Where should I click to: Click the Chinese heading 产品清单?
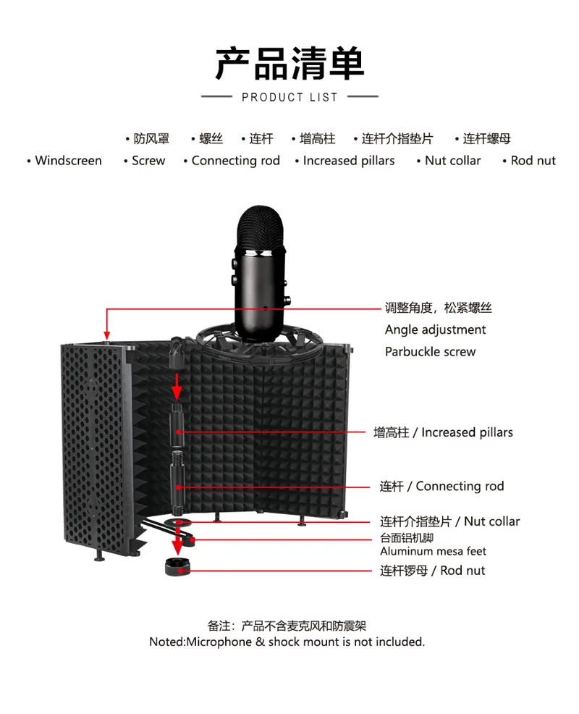[289, 64]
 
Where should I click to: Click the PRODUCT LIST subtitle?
[289, 97]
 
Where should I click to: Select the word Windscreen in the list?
[68, 161]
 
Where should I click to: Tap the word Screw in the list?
[148, 161]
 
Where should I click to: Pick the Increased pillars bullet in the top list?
[349, 161]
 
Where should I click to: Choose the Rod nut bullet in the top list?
[533, 161]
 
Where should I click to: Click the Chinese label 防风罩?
[151, 139]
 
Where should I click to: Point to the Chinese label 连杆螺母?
[486, 139]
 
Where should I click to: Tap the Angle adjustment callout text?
[435, 330]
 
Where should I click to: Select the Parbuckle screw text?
[430, 352]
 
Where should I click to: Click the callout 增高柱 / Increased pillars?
[443, 432]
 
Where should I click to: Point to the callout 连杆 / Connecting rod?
[441, 487]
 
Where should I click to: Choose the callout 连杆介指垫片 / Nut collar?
[449, 521]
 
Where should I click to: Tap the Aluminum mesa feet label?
[433, 552]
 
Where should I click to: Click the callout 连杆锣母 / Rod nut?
[432, 571]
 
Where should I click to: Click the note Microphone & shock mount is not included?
[287, 642]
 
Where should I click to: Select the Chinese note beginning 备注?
[287, 626]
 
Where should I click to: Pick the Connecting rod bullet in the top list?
[235, 161]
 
